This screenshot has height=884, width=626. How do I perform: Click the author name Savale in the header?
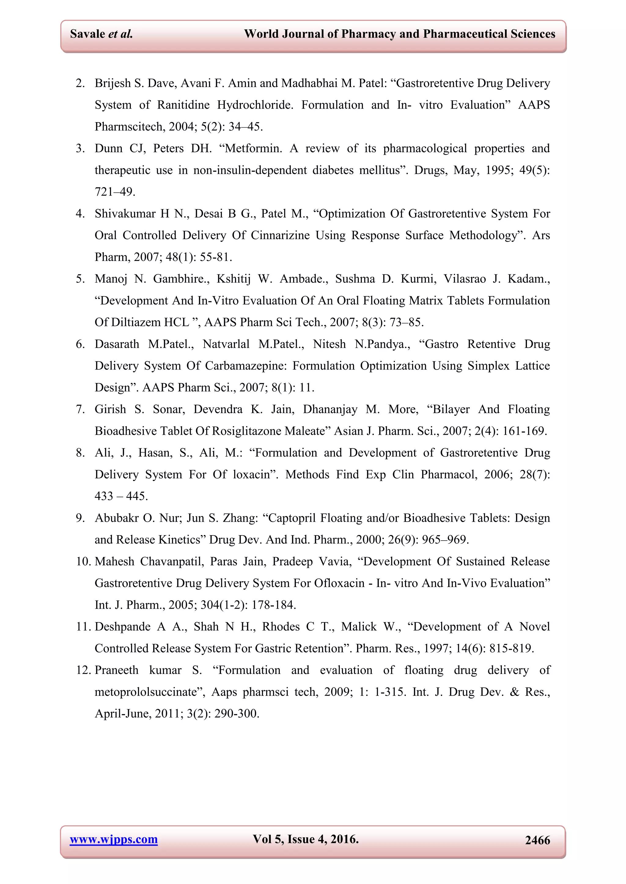coord(87,34)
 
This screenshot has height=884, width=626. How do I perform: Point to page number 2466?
coord(537,840)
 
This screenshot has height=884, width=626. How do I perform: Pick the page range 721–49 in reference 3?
coord(115,192)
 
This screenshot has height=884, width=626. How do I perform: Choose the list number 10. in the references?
coord(83,561)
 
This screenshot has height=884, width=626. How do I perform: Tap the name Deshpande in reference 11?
coord(123,627)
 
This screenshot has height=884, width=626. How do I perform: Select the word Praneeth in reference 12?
coord(116,670)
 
